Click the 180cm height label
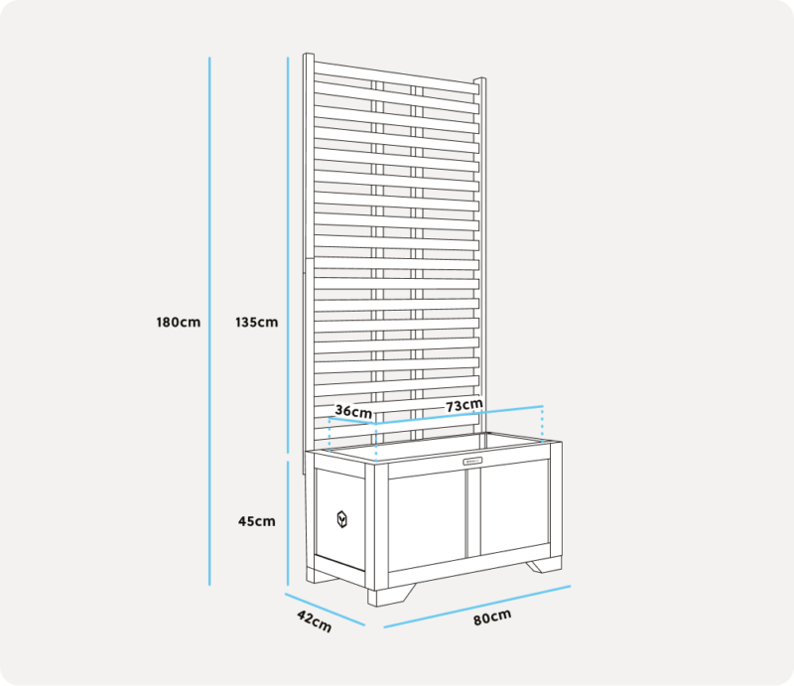(179, 323)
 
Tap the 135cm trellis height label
(257, 323)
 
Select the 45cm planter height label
(257, 521)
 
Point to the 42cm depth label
(314, 621)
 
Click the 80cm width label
(492, 617)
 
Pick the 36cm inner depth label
(353, 411)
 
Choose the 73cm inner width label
(463, 405)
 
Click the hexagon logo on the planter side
(342, 519)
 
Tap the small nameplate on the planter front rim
(472, 461)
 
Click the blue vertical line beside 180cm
(209, 322)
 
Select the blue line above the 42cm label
(325, 610)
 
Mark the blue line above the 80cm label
(477, 607)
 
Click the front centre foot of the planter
(390, 595)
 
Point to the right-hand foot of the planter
(544, 565)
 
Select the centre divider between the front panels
(473, 512)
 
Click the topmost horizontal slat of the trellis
(396, 78)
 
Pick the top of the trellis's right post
(480, 79)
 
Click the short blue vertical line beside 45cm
(288, 523)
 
